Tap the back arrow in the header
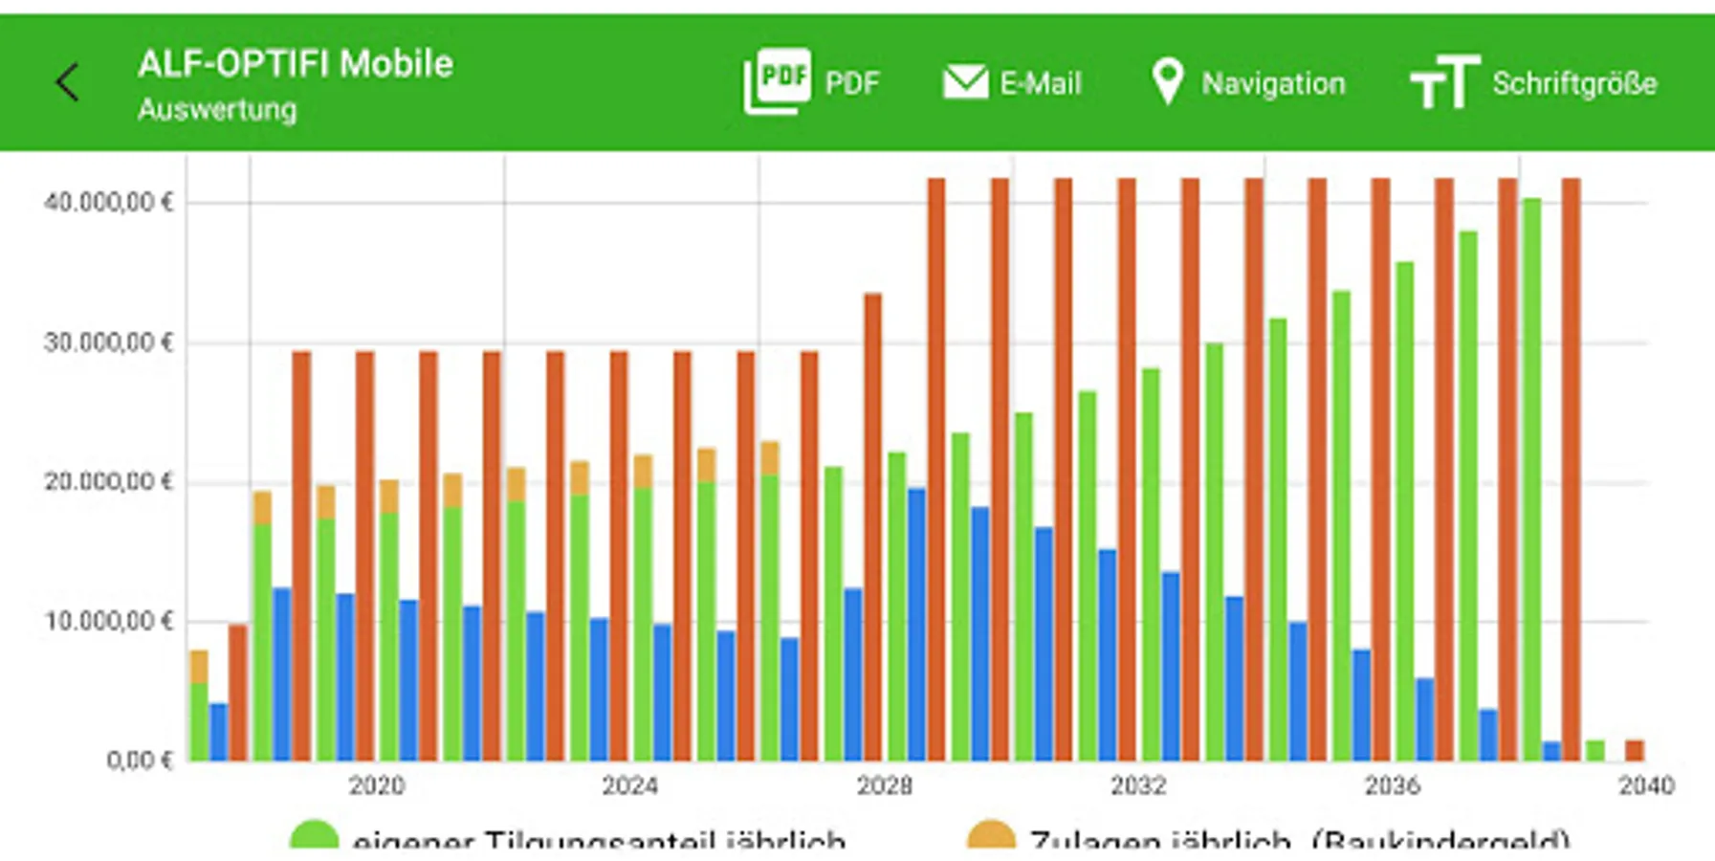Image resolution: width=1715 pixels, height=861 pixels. coord(67,82)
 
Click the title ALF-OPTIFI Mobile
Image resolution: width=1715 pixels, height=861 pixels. coord(295,64)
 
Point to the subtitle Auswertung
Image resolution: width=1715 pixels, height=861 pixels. coord(217,109)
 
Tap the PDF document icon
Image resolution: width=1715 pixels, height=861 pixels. coord(777,81)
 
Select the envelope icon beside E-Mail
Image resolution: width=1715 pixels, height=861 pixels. coord(965,82)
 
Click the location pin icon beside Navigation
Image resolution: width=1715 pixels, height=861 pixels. coord(1167,81)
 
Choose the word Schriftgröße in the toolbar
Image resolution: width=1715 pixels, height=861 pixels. coord(1574,83)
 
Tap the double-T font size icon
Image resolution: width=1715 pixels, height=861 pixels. coord(1444,82)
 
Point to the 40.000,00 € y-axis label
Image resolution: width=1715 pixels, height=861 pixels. coord(108,203)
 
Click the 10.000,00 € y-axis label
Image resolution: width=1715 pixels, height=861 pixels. coord(108,622)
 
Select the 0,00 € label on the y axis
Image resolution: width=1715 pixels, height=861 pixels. coord(140,761)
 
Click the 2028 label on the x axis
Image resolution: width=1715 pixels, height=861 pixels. coord(884,786)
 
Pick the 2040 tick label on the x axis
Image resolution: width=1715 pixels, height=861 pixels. coord(1645,786)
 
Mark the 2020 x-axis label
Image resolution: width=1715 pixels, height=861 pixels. coord(376,786)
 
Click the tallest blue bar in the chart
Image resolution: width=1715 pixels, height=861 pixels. coord(916,624)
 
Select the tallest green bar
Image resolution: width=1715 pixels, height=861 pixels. coord(1531,478)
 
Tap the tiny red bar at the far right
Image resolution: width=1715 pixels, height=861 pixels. coord(1635,750)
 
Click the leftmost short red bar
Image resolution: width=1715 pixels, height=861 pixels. coord(237,693)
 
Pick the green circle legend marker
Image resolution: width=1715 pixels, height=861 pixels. coord(314,835)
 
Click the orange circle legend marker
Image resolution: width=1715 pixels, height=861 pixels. coord(991,835)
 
